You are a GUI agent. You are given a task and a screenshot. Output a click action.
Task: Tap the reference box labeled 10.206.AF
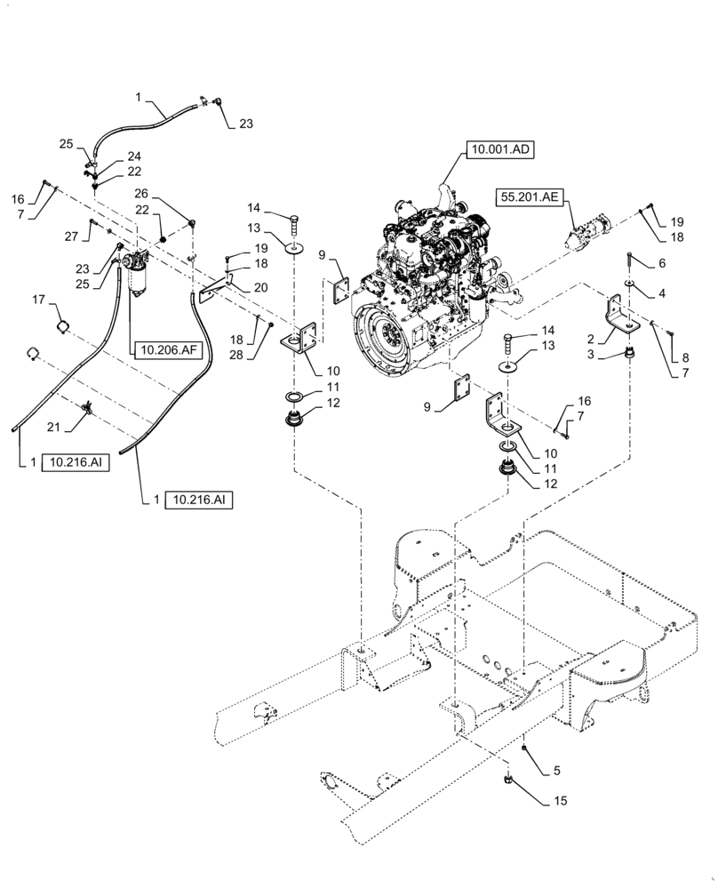[165, 349]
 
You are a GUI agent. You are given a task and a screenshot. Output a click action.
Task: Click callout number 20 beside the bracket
[259, 287]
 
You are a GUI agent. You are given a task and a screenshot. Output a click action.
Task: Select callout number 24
[133, 156]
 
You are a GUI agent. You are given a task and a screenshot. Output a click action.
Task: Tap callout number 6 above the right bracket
[661, 264]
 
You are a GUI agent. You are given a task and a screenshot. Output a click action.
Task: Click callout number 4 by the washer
[661, 292]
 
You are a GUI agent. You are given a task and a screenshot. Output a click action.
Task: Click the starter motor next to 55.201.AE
[591, 229]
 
